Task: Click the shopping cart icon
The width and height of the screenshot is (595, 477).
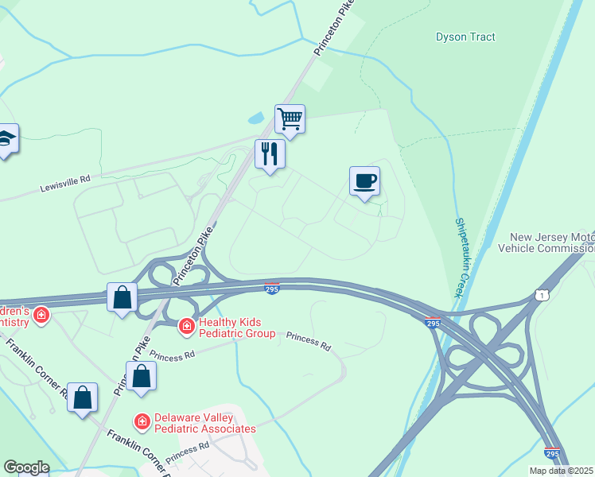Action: click(x=290, y=119)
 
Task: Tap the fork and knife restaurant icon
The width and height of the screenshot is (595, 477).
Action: click(x=270, y=153)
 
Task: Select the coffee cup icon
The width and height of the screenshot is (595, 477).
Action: click(x=364, y=180)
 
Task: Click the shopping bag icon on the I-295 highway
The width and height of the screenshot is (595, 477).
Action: click(x=122, y=297)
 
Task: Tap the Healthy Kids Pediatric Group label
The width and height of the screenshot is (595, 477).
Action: click(x=236, y=328)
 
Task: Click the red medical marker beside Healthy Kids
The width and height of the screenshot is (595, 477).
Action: click(x=186, y=326)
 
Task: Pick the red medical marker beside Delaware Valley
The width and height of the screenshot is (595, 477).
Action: click(x=142, y=420)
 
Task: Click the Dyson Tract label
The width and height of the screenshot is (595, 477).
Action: click(x=465, y=37)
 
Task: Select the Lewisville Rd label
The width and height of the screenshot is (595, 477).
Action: click(x=65, y=185)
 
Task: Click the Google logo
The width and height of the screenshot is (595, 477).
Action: click(x=27, y=467)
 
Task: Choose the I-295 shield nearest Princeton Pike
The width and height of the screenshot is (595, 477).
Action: click(x=271, y=290)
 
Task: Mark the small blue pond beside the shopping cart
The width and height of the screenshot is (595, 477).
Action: click(x=256, y=119)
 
